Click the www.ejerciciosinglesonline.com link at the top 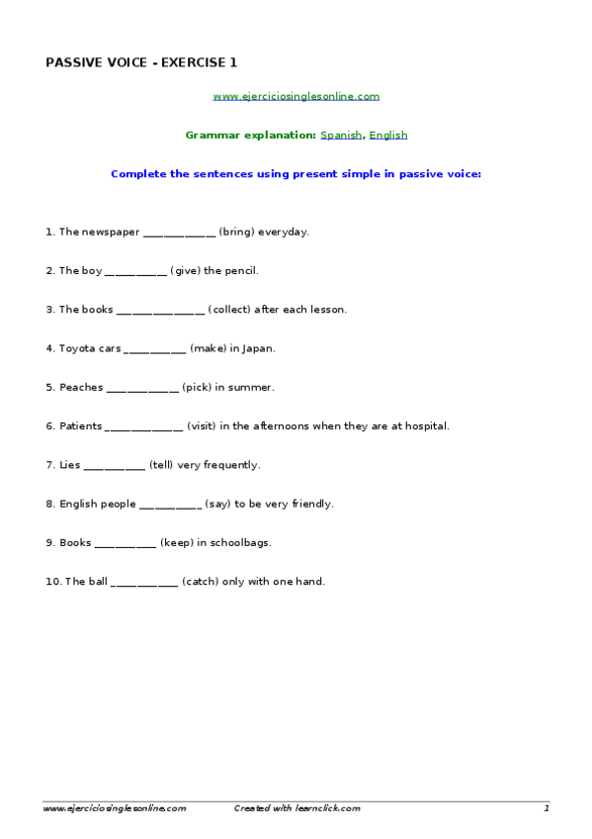coord(296,96)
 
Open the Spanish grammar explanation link coord(341,135)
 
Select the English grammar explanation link coord(388,135)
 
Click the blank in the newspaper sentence coord(179,233)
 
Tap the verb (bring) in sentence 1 coord(236,233)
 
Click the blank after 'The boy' coord(135,271)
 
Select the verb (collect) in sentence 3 coord(229,310)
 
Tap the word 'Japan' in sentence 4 coord(259,348)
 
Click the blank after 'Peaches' coord(142,387)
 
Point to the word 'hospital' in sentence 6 coord(425,426)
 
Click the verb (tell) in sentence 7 coord(161,465)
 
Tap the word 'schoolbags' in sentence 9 coord(241,543)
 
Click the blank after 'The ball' coord(144,582)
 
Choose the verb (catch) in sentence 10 coord(200,582)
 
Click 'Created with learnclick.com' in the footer coord(296,808)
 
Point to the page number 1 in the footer coord(546,808)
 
